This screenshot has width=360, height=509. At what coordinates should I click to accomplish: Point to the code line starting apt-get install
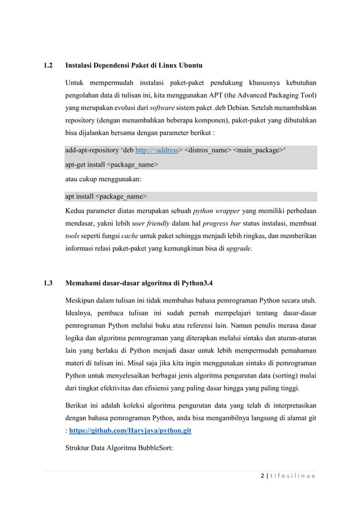click(x=112, y=165)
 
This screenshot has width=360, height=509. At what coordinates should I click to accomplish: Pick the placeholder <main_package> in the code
click(x=258, y=151)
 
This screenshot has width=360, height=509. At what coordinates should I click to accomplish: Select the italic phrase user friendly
click(x=152, y=223)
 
